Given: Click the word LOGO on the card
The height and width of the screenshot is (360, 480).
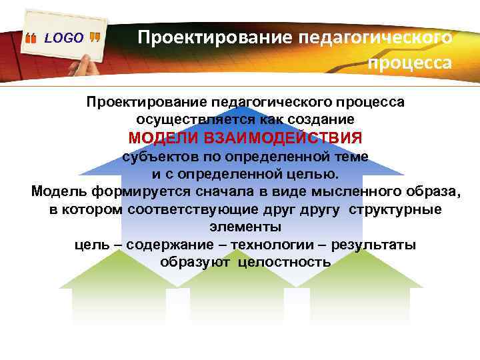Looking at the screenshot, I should pos(64,38).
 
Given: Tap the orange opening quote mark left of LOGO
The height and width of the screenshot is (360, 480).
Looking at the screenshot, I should pos(31,39).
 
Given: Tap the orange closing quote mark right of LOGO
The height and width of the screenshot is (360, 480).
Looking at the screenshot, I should pos(95,38).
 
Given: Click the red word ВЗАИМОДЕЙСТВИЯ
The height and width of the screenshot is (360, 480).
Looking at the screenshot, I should pos(286,138).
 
